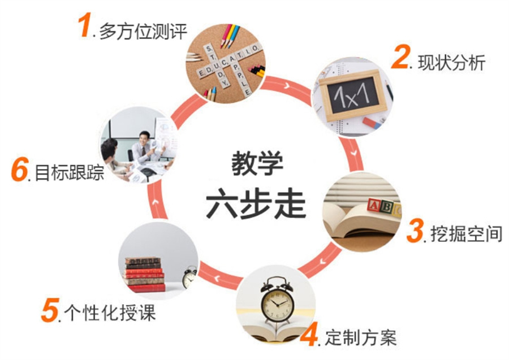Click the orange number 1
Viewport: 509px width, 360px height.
85,26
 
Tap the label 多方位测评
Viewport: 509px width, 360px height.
143,31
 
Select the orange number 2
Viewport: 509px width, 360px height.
400,57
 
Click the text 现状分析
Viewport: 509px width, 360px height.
451,63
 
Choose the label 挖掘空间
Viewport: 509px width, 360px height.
466,233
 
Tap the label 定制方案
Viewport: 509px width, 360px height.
361,337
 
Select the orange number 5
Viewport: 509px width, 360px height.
50,310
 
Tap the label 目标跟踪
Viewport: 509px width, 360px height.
70,172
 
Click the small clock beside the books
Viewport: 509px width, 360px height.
189,277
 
